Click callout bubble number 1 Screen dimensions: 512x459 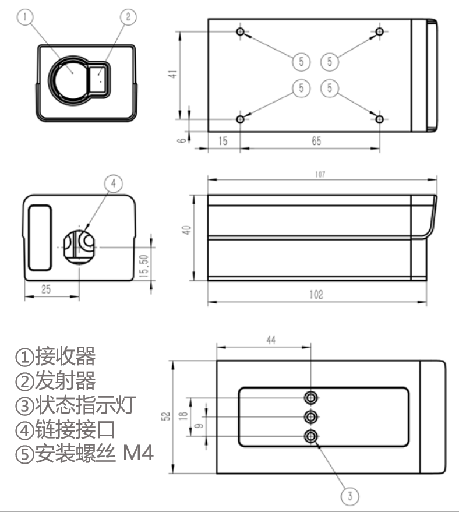pos(24,17)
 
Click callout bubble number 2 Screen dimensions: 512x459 pos(128,17)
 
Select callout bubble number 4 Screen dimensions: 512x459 pos(114,183)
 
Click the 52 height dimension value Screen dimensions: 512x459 pos(166,416)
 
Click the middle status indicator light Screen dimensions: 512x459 pos(312,417)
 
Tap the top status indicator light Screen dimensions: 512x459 pos(312,398)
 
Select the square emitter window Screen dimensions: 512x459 pos(100,76)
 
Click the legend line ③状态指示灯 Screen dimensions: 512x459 pos(75,405)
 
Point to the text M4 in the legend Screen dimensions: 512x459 pos(139,453)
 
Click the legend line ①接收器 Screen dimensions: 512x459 pos(55,356)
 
